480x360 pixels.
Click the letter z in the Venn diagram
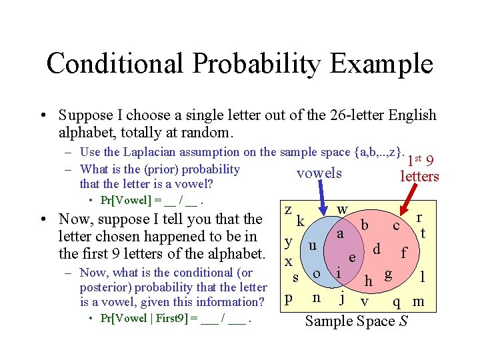point(287,209)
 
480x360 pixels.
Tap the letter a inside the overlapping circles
point(339,234)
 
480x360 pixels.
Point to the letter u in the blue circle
point(312,245)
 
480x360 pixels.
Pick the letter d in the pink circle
point(377,249)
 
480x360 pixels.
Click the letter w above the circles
point(342,209)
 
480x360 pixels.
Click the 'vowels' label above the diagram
point(319,173)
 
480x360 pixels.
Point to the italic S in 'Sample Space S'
point(402,321)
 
